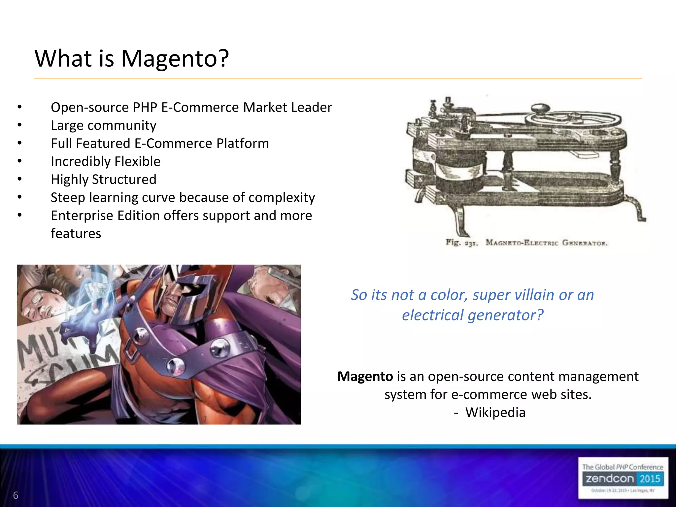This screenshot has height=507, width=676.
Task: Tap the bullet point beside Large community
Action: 20,125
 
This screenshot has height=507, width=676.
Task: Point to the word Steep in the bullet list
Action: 68,198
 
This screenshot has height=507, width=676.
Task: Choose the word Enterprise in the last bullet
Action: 82,216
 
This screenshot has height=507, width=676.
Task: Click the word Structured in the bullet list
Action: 124,179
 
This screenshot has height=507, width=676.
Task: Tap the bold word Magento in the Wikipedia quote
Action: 365,376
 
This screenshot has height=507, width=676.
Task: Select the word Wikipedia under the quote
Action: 495,412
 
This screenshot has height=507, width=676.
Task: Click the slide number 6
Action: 16,495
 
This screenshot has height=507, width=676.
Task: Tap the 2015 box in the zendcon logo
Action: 649,479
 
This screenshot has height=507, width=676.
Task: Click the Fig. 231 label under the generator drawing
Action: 461,243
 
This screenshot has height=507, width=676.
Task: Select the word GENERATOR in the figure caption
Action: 585,243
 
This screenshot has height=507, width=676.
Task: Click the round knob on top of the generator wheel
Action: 540,108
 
